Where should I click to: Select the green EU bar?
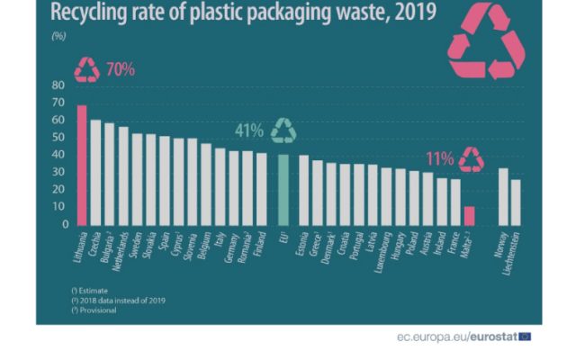point(283,189)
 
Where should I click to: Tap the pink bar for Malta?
point(469,215)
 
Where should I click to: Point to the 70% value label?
point(120,69)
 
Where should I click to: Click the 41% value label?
point(249,131)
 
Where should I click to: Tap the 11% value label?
point(439,159)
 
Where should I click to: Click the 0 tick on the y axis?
point(63,224)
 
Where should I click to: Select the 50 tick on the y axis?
point(58,138)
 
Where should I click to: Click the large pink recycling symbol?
point(485,41)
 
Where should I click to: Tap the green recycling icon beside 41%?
point(283,131)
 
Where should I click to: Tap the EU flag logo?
point(525,337)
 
